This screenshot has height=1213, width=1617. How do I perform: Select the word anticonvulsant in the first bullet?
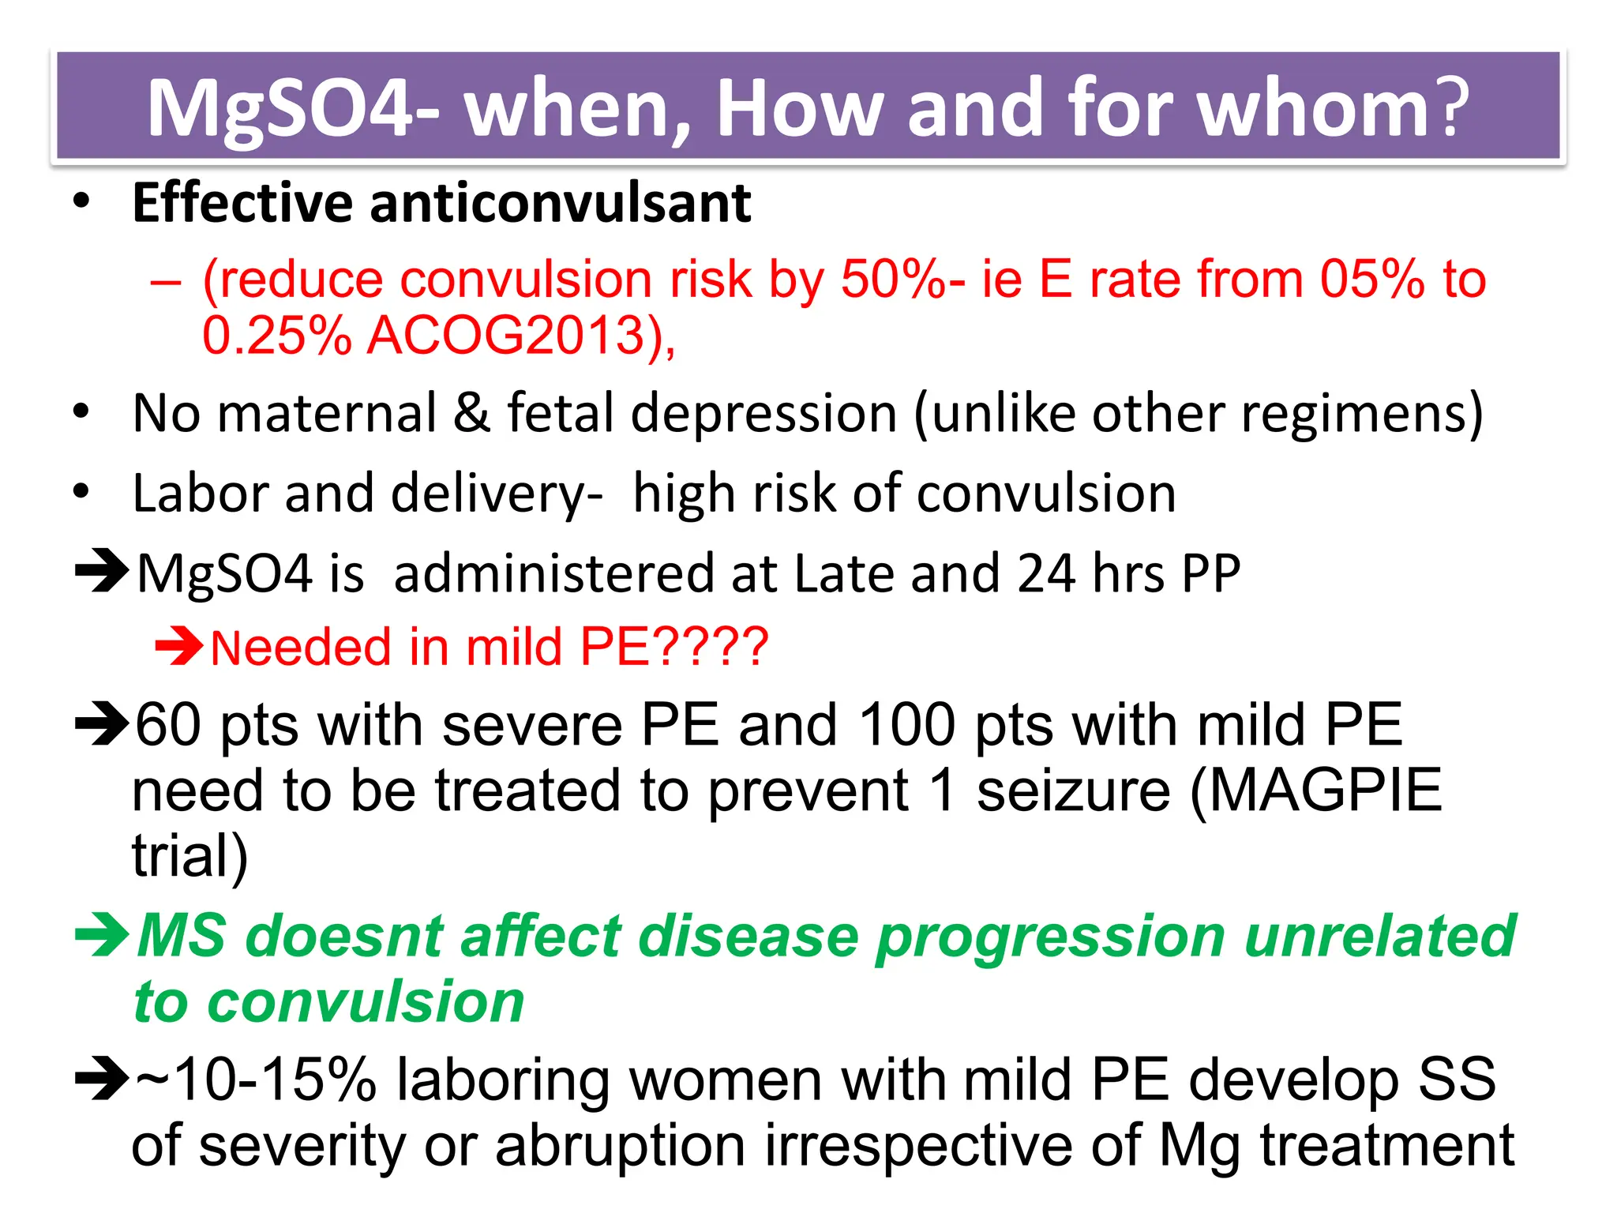(561, 203)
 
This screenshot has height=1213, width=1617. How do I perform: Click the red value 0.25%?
(276, 336)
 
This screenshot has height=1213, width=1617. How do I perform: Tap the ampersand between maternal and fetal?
(471, 413)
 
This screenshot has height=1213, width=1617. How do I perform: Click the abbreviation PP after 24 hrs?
(1210, 573)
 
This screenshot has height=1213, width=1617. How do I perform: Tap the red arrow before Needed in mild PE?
(179, 647)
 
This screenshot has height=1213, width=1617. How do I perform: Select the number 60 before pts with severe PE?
(168, 724)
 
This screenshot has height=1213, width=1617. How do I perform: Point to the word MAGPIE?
(1326, 790)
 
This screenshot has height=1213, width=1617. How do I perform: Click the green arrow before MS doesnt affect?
(101, 935)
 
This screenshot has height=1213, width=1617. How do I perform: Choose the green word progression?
(1050, 937)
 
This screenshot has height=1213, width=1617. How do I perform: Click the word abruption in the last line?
(620, 1145)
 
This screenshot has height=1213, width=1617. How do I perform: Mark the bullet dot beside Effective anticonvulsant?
(81, 201)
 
